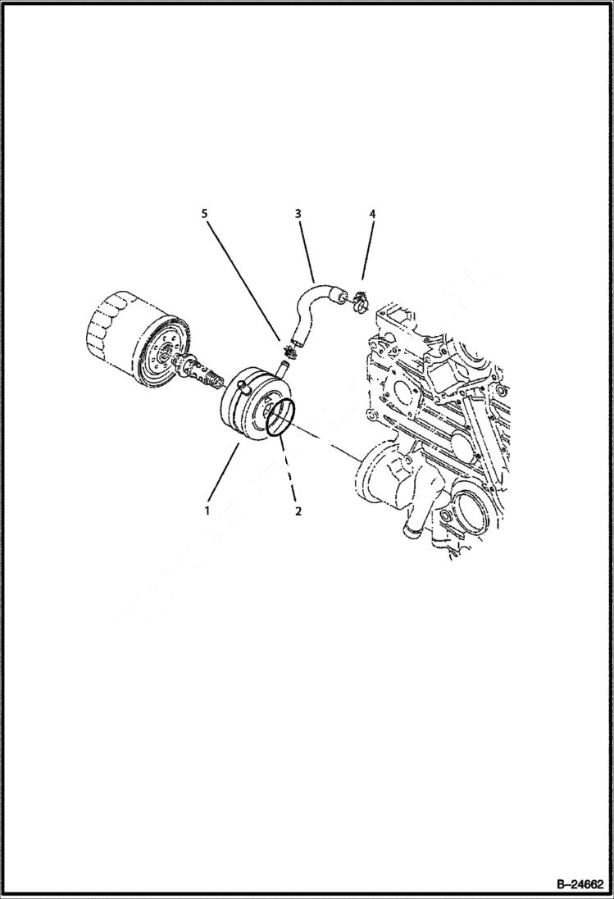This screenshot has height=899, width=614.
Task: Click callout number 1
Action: click(207, 511)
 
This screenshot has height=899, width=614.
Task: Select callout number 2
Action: click(298, 511)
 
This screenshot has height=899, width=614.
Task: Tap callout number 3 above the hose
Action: click(298, 214)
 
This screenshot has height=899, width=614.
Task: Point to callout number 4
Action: click(372, 214)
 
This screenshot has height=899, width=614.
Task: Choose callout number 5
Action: click(204, 214)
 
